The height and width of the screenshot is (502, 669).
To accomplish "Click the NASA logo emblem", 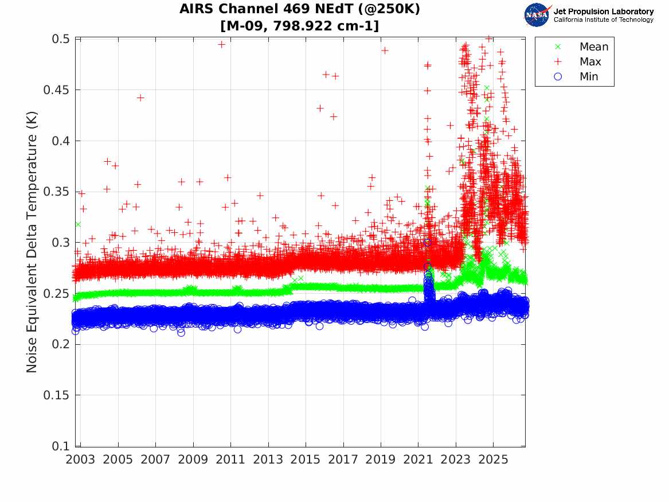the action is (537, 14).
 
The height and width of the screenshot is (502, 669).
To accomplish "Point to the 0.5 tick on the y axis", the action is (61, 39).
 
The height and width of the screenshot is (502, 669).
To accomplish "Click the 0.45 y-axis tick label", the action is (56, 89).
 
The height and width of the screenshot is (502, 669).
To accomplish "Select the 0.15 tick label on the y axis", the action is (56, 395).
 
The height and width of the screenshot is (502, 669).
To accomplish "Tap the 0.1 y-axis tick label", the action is (61, 446).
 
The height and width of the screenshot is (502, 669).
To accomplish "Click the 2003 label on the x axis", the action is (80, 460).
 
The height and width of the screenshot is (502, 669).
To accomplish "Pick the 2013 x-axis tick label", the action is (268, 460).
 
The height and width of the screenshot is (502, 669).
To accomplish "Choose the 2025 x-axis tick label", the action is (493, 460).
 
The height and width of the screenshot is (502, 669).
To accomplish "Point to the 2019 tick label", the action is (381, 460).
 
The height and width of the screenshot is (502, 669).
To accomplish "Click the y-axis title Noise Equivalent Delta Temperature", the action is (32, 242).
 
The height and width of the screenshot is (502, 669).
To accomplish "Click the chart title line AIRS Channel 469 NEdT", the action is (299, 9).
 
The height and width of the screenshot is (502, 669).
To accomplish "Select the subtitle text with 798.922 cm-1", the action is (299, 26).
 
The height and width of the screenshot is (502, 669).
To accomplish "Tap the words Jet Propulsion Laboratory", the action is (603, 11).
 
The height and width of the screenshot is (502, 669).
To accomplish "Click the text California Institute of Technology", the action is (603, 20).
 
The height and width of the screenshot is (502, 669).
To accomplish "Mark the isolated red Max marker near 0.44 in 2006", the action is (140, 98).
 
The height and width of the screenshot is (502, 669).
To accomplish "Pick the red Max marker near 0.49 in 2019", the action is (385, 50).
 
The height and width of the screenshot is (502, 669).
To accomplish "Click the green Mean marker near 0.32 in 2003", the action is (77, 224).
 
